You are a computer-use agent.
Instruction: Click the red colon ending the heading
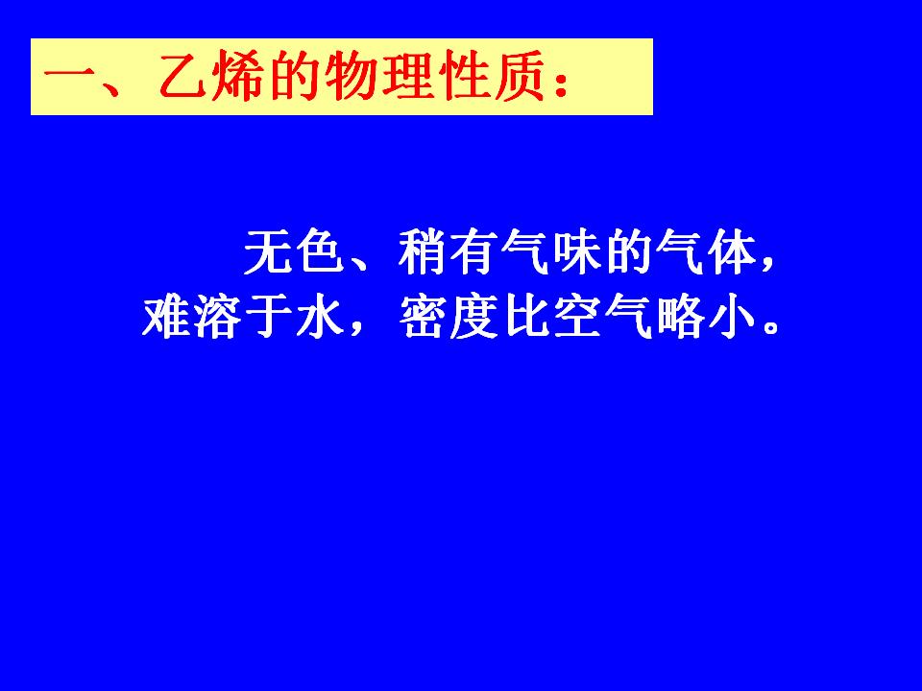click(x=561, y=83)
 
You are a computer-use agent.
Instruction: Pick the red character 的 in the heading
click(x=295, y=76)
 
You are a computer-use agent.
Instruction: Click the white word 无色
click(x=294, y=252)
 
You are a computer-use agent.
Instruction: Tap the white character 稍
click(x=424, y=252)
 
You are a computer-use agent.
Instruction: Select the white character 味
click(x=578, y=252)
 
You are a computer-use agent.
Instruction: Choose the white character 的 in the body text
click(x=630, y=252)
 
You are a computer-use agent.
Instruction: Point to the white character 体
click(x=733, y=252)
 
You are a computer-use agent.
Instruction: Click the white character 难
click(x=166, y=317)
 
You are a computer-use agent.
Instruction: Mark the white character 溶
click(x=218, y=317)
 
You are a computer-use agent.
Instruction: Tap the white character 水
click(x=321, y=317)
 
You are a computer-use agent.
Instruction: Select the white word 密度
click(x=449, y=317)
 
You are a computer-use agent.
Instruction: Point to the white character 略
click(x=681, y=317)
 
